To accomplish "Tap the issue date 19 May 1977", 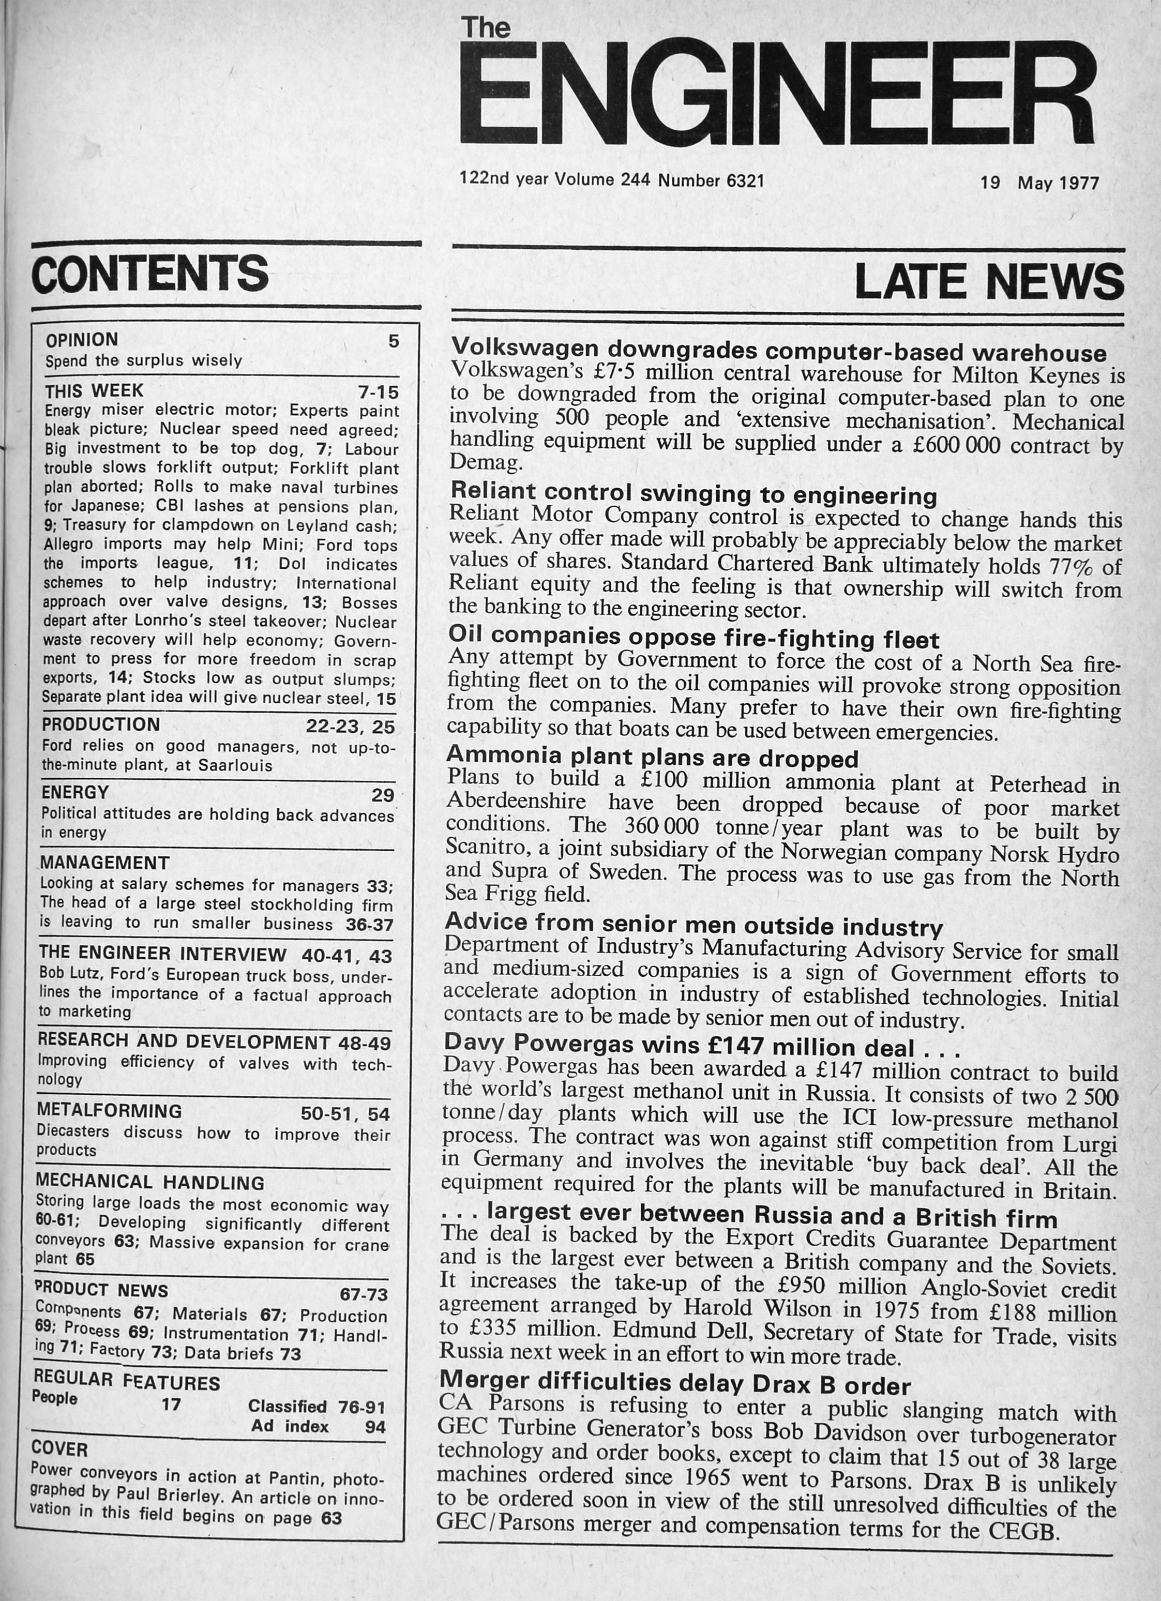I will click(x=1039, y=183).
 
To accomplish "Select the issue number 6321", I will click(x=745, y=180).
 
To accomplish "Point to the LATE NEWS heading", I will click(x=988, y=282).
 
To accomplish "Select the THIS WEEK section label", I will click(x=94, y=390).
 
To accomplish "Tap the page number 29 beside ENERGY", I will click(x=383, y=795).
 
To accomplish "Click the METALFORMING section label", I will click(x=110, y=1110).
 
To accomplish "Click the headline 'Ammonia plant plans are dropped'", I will click(x=652, y=758).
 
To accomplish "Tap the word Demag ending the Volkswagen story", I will click(x=486, y=462).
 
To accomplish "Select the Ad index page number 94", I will click(x=375, y=1427).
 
